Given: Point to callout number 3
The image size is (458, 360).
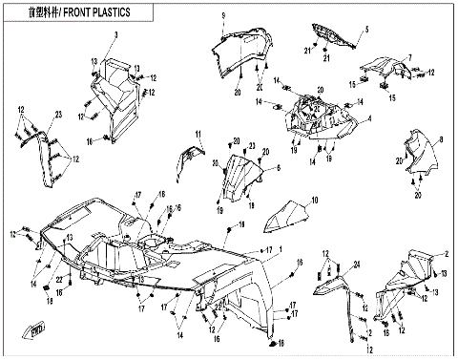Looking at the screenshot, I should (x=116, y=34).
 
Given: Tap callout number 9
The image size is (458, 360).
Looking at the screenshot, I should (x=222, y=16).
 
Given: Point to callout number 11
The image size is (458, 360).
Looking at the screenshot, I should (x=198, y=132).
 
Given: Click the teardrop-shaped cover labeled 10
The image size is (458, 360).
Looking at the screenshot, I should (x=287, y=220).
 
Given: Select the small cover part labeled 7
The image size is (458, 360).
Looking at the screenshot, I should (x=379, y=69).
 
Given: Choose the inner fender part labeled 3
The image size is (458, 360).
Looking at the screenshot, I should (x=116, y=95).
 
